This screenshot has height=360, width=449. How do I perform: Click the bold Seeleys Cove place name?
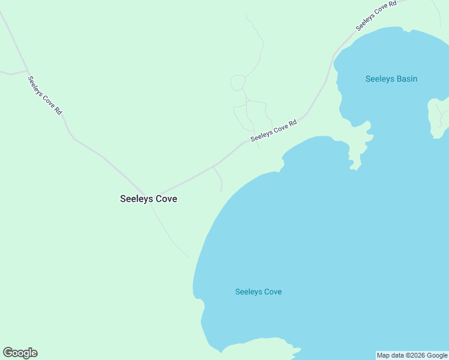pos(148,199)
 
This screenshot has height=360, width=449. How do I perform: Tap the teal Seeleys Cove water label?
pos(258,292)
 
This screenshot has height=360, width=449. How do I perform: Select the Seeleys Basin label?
pos(391,79)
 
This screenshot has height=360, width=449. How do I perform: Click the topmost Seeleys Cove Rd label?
pos(376,16)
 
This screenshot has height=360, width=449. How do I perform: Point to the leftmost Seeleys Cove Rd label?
pos(45,96)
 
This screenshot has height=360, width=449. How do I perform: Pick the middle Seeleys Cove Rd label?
pos(274,130)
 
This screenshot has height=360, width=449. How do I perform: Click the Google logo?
pos(20,353)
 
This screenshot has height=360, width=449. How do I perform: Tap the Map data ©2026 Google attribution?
pos(412,355)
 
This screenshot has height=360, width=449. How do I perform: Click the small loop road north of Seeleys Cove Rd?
pos(238,83)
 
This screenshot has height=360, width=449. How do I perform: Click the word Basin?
pos(405,79)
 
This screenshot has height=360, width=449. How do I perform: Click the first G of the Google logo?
pos(8,353)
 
